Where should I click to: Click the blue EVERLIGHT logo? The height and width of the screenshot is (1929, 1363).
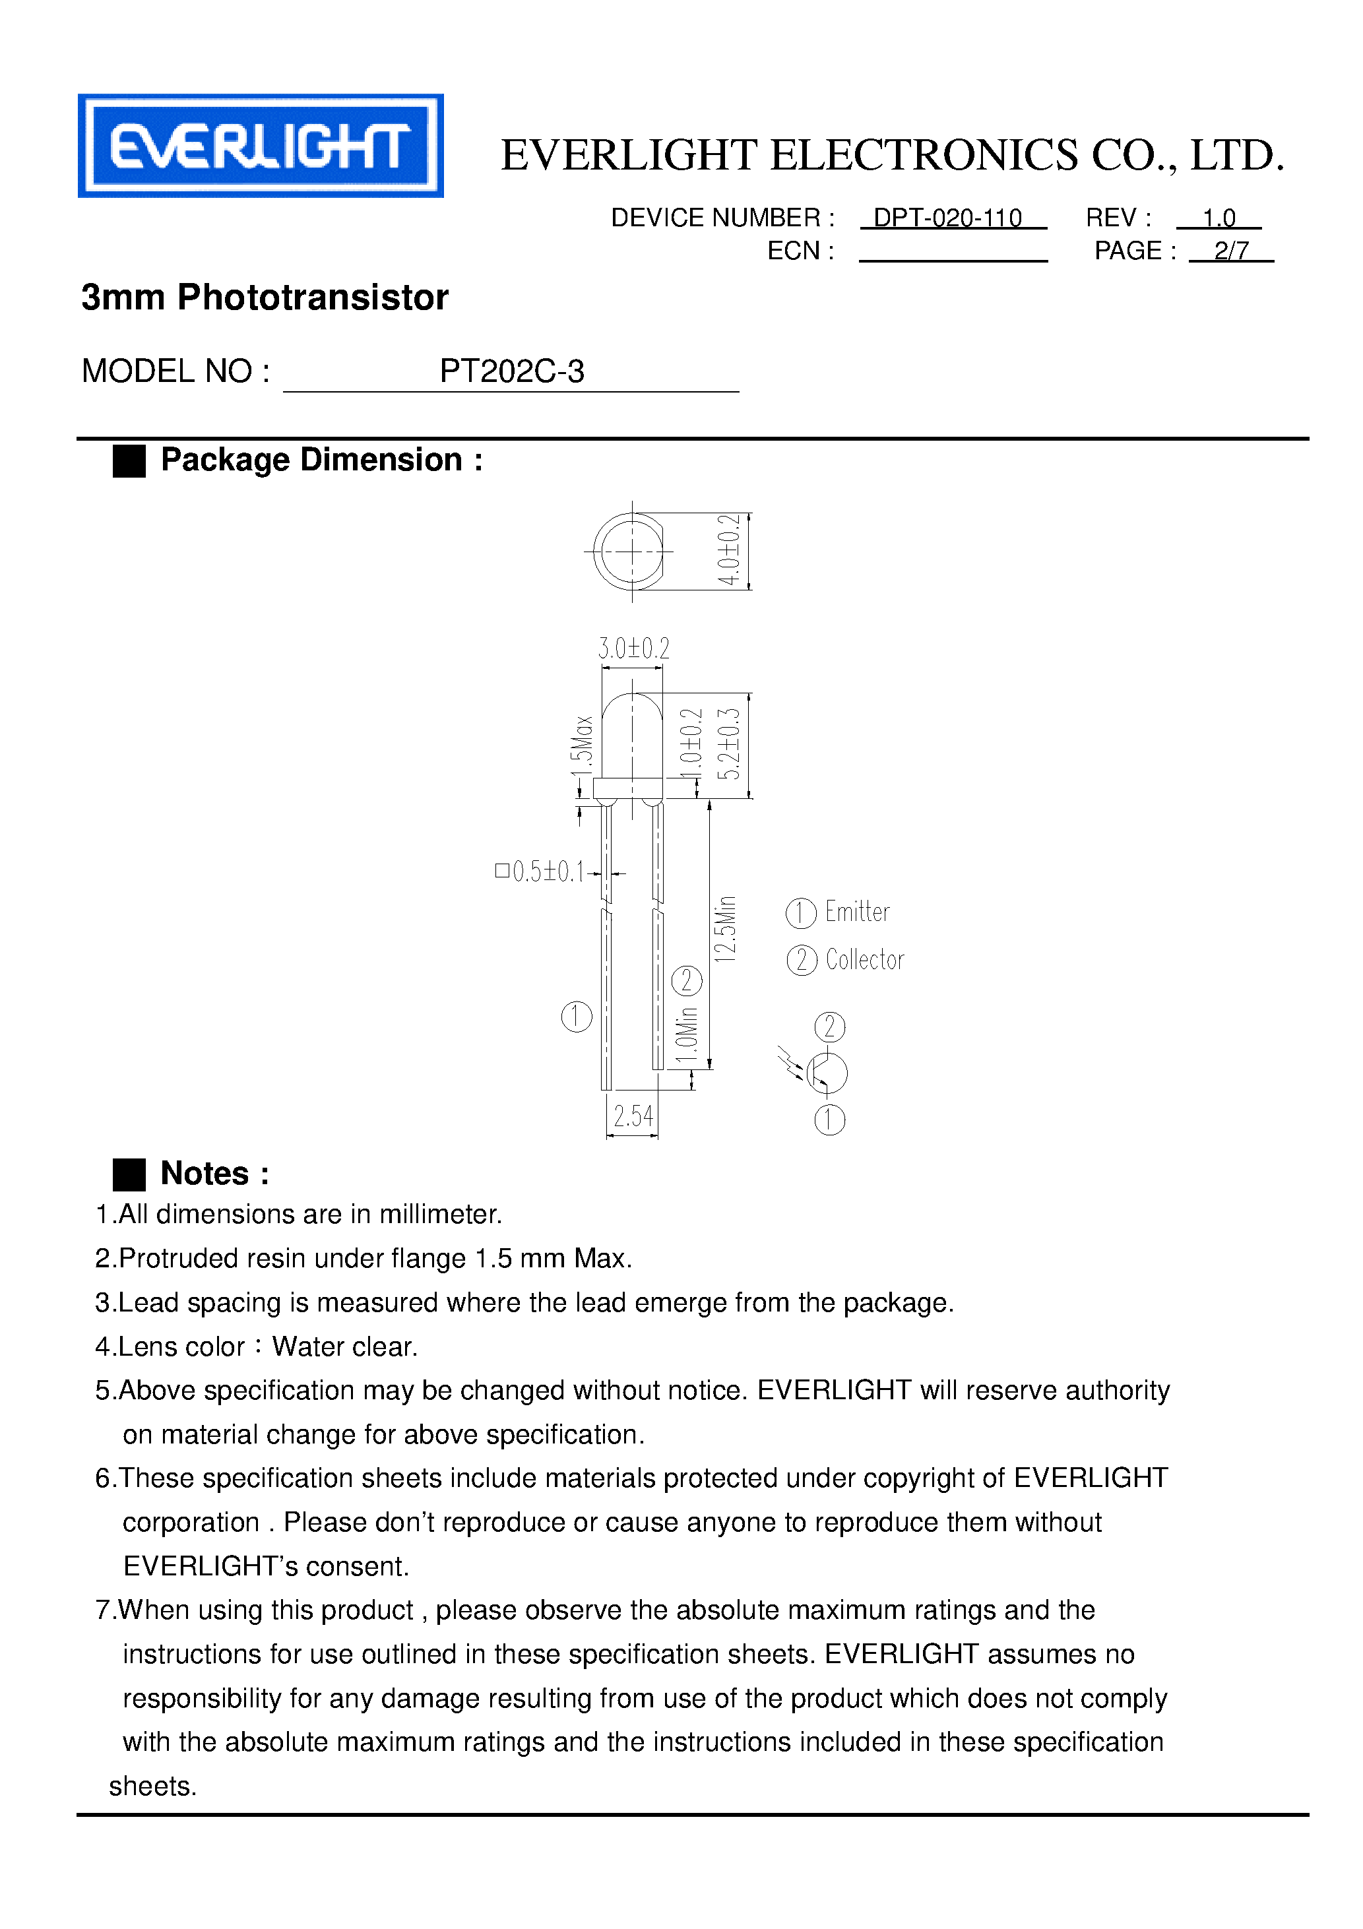[x=261, y=145]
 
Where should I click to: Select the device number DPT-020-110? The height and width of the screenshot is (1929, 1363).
[x=947, y=218]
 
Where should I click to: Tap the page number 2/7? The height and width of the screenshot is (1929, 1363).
[x=1231, y=251]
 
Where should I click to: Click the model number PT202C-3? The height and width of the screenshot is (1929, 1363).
[x=512, y=371]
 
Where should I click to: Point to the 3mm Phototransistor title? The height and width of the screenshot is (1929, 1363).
[x=265, y=298]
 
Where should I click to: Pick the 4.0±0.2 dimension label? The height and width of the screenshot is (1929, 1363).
[x=728, y=551]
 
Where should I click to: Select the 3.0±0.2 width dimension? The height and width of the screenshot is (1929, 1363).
[x=633, y=648]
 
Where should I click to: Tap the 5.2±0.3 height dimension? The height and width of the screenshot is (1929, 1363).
[x=730, y=743]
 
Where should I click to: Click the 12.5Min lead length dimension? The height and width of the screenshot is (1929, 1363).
[x=725, y=928]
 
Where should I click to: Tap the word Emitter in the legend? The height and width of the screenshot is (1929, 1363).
[x=857, y=912]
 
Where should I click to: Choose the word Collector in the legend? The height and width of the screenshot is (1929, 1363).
[x=865, y=959]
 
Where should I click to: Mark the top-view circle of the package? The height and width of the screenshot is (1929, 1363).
[x=629, y=552]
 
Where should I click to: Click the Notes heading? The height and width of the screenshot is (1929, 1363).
[x=215, y=1173]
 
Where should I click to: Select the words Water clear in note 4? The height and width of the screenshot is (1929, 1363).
[x=344, y=1346]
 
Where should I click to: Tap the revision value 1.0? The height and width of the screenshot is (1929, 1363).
[x=1219, y=218]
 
